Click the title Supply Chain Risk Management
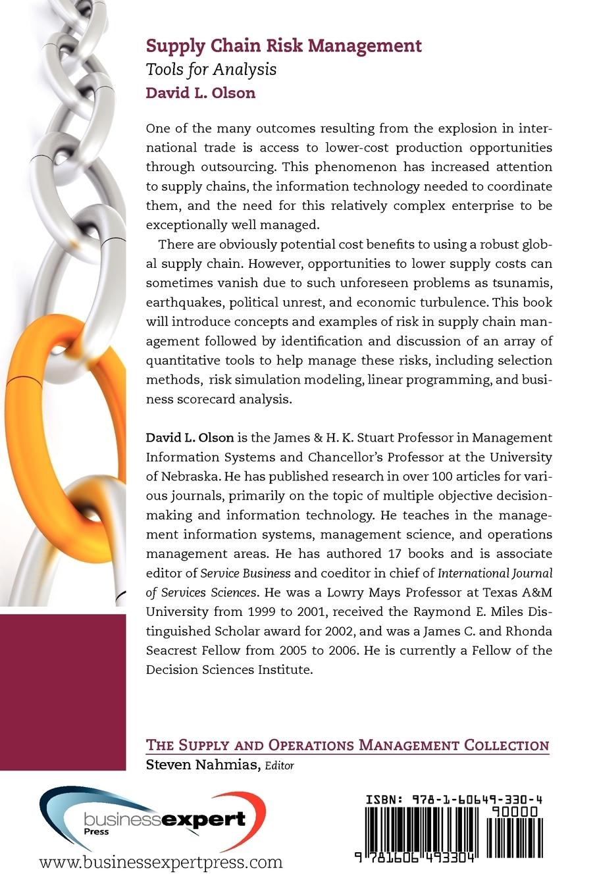283,46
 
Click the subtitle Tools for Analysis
211,69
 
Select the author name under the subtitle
200,92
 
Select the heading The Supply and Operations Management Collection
347,745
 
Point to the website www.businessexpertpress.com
161,861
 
